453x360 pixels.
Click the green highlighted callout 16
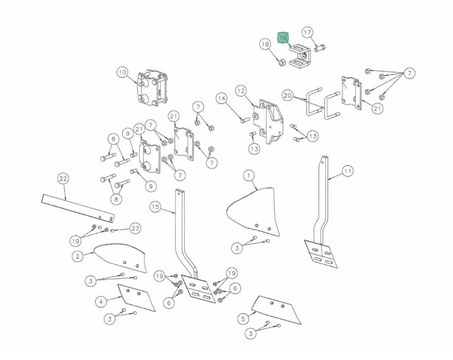[x=283, y=38]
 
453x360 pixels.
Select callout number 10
[x=122, y=72]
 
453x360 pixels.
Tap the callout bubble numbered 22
[x=63, y=178]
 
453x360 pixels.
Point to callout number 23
[x=135, y=228]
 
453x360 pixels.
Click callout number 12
[x=241, y=91]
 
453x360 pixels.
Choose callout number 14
[x=221, y=98]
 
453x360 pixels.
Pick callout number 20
[x=287, y=95]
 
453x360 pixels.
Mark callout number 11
[x=348, y=171]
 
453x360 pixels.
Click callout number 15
[x=155, y=207]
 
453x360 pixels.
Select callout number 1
[x=249, y=176]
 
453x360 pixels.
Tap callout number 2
[x=78, y=256]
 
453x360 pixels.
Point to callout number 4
[x=101, y=302]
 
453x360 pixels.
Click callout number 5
[x=243, y=319]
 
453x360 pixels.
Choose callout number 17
[x=307, y=32]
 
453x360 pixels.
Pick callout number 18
[x=265, y=44]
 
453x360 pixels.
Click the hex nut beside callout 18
[x=282, y=62]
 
